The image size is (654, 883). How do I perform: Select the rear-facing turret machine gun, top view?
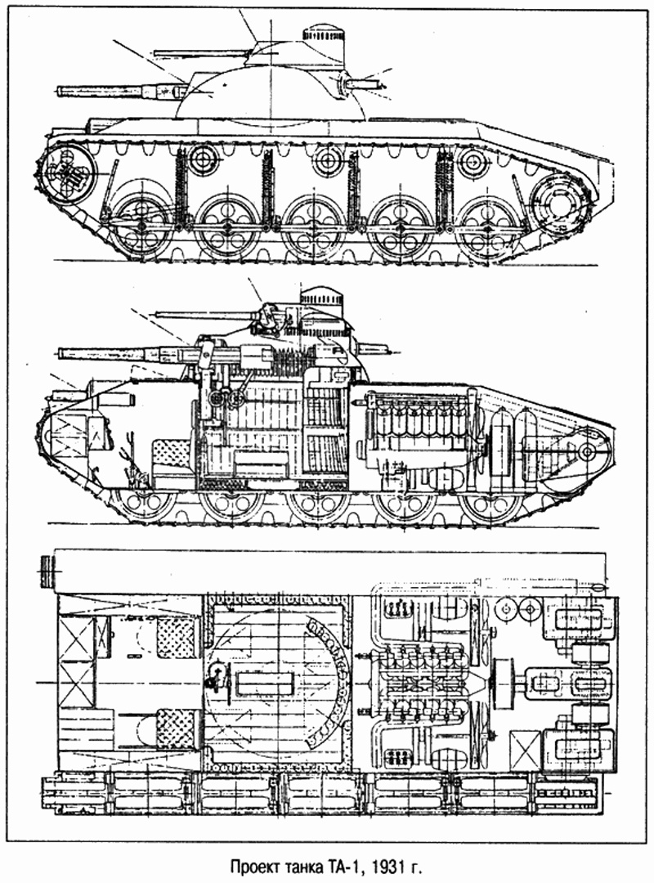(360, 83)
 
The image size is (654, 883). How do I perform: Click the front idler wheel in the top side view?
(68, 173)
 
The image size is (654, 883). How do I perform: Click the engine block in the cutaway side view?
(417, 429)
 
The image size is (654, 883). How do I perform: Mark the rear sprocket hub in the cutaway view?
(585, 452)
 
